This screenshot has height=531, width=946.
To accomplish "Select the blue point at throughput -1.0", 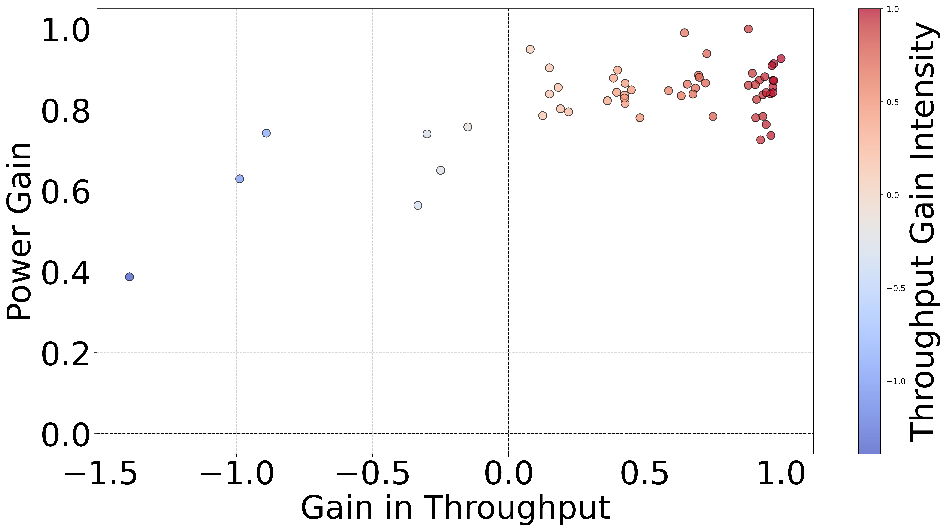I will (x=239, y=179).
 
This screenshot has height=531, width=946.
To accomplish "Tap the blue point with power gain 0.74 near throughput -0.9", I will (x=266, y=133).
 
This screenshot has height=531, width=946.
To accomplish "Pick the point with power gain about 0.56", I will (x=418, y=205).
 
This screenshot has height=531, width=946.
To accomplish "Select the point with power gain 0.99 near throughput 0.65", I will (x=684, y=33).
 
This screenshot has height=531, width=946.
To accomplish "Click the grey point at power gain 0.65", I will (x=440, y=170).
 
